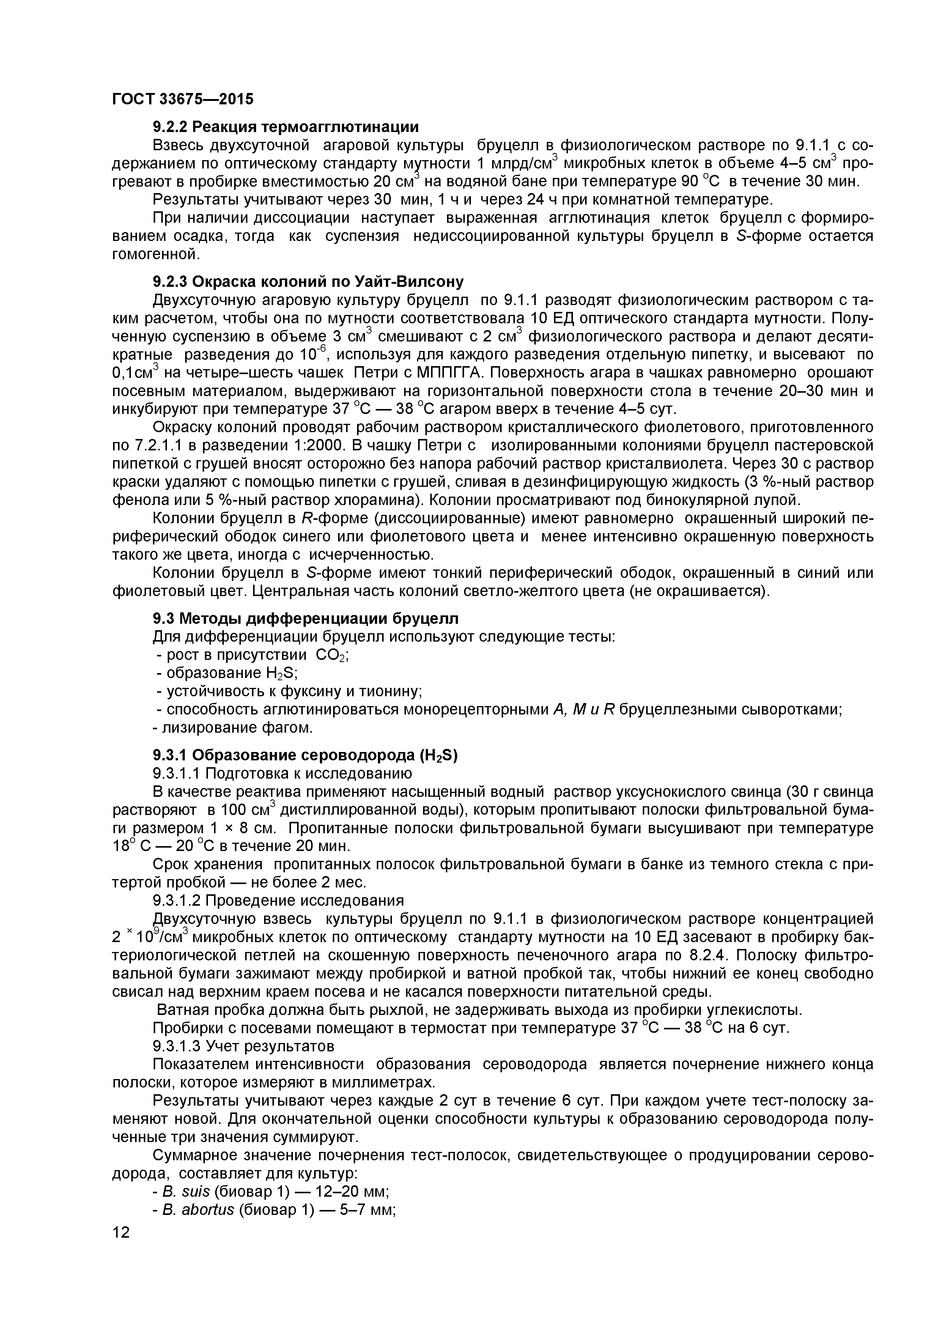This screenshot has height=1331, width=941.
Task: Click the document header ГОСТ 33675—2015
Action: (183, 99)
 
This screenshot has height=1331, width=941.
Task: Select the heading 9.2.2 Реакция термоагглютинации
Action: (285, 126)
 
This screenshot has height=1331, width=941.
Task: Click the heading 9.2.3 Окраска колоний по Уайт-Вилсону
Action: (308, 282)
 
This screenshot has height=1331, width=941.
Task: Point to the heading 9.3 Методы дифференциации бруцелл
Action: (305, 618)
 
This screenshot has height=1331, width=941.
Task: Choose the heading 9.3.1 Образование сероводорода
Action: (305, 755)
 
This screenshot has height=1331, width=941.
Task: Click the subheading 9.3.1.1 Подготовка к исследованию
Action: (282, 773)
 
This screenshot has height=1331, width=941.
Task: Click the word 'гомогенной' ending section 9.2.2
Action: (156, 254)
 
